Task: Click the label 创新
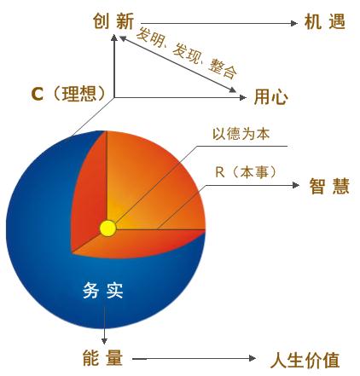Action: click(113, 21)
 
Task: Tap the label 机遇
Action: click(325, 21)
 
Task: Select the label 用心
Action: click(271, 97)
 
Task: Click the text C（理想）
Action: click(69, 94)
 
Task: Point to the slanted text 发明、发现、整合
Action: click(187, 53)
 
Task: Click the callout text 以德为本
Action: click(241, 134)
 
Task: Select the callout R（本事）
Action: click(246, 172)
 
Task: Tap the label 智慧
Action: click(329, 186)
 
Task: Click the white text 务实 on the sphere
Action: click(103, 291)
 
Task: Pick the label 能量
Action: click(102, 358)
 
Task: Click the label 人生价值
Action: click(305, 360)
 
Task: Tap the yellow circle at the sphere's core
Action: click(108, 228)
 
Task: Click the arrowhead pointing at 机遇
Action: click(294, 23)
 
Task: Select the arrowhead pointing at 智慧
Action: click(296, 185)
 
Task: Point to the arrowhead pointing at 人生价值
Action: click(253, 358)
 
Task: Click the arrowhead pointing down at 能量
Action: click(105, 340)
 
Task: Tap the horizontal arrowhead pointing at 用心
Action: click(242, 97)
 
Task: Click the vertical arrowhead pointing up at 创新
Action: click(114, 38)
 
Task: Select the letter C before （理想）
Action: click(37, 94)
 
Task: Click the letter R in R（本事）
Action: click(220, 172)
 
